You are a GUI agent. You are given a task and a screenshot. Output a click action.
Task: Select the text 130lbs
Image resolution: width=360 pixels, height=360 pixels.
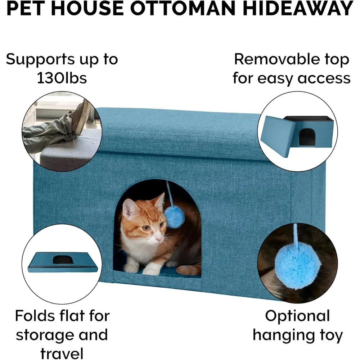pyautogui.click(x=62, y=78)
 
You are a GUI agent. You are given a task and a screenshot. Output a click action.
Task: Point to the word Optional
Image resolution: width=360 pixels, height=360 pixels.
pyautogui.click(x=297, y=316)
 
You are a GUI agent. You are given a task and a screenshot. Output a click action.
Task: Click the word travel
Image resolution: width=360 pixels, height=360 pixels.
pyautogui.click(x=62, y=353)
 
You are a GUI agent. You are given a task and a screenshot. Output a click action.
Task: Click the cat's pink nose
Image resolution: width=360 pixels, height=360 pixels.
pyautogui.click(x=159, y=240)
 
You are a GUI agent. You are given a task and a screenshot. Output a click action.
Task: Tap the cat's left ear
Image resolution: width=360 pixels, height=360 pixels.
pyautogui.click(x=129, y=208)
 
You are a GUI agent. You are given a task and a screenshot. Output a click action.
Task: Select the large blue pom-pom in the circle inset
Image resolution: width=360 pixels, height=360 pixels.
pyautogui.click(x=298, y=269)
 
